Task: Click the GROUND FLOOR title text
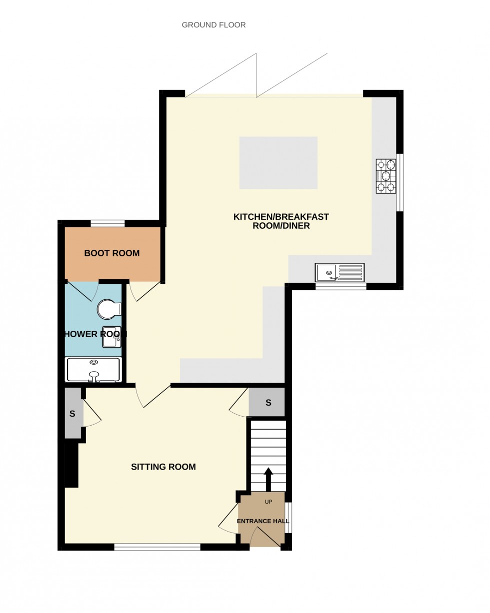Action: click(213, 25)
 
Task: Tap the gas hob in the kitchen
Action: click(385, 176)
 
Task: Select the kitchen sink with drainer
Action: click(339, 273)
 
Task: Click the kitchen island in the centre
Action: click(278, 163)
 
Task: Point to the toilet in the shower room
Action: click(108, 309)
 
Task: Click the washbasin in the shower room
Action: click(111, 337)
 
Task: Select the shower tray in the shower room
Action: click(93, 370)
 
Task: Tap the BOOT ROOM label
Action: click(111, 253)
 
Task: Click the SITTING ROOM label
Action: click(163, 467)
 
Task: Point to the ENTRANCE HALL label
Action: click(263, 521)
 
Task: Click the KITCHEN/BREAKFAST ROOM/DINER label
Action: click(281, 221)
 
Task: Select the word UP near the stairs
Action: click(268, 502)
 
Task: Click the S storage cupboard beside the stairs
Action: click(268, 403)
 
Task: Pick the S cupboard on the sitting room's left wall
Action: click(72, 414)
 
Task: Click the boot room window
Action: click(107, 223)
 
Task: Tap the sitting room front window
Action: click(157, 547)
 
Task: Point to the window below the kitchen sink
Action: click(340, 286)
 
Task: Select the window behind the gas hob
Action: click(399, 182)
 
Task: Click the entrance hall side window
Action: click(288, 517)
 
